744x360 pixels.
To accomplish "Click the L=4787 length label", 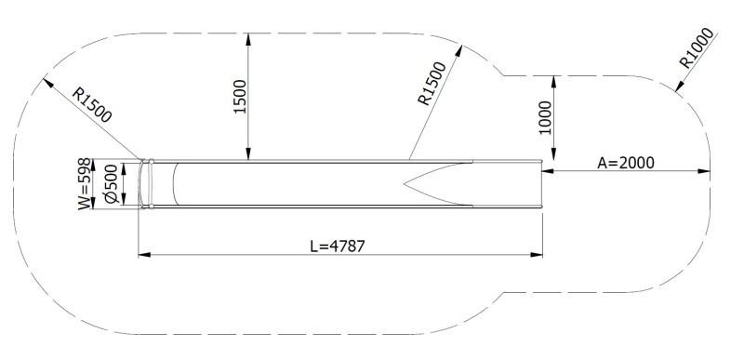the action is pyautogui.click(x=338, y=247).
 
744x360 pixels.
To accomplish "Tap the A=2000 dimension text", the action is pyautogui.click(x=625, y=163).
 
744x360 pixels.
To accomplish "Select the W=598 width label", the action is pyautogui.click(x=84, y=183).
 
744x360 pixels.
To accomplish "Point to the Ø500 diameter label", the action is pyautogui.click(x=111, y=184).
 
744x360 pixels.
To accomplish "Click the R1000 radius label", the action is pyautogui.click(x=696, y=47).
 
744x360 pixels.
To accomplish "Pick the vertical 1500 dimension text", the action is pyautogui.click(x=241, y=97).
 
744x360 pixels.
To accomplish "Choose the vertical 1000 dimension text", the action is pyautogui.click(x=546, y=117).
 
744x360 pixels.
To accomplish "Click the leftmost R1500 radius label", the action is pyautogui.click(x=92, y=105).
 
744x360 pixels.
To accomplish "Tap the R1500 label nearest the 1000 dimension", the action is pyautogui.click(x=432, y=83).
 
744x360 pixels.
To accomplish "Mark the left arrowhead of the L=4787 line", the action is pyautogui.click(x=143, y=255).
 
